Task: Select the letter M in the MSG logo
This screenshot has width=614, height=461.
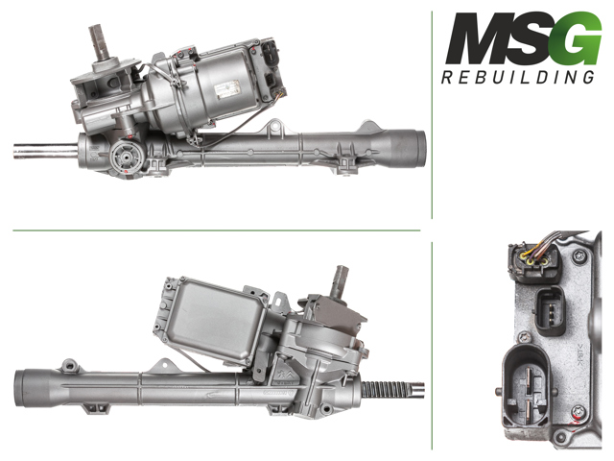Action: tap(476, 40)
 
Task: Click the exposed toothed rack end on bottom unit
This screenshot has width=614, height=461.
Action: tap(389, 389)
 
